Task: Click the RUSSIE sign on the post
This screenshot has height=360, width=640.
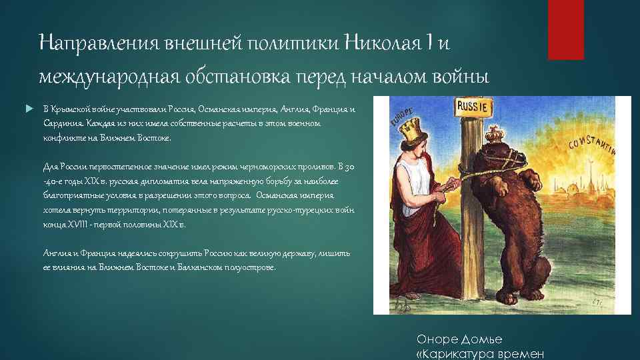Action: (473, 105)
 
